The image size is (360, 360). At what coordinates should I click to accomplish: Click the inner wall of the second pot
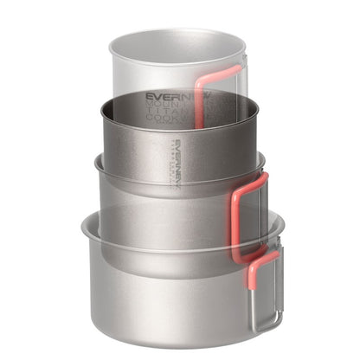point(130,130)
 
